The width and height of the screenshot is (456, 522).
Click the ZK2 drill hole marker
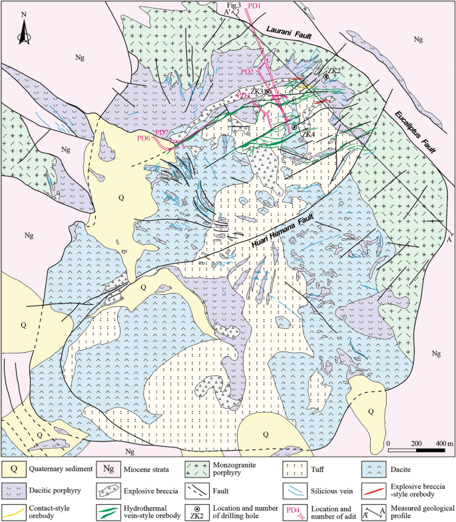(x=326, y=77)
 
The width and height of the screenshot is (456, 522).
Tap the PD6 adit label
(x=144, y=138)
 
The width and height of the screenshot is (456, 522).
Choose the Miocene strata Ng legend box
(x=106, y=467)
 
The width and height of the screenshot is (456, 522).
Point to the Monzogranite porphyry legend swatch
(x=198, y=467)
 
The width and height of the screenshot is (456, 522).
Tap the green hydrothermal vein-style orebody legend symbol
(x=106, y=512)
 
